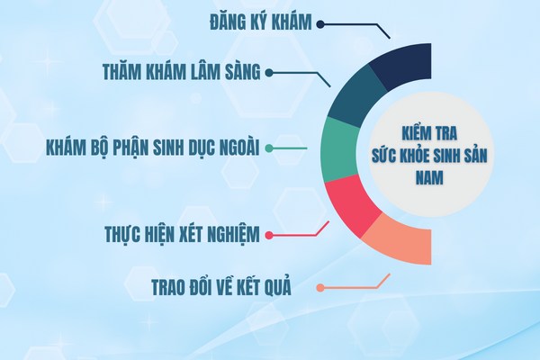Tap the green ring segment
pyautogui.click(x=340, y=150)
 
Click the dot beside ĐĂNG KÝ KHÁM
pyautogui.click(x=320, y=24)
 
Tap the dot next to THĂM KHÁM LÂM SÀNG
pyautogui.click(x=269, y=73)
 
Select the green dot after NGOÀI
pyautogui.click(x=269, y=148)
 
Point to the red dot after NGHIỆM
pyautogui.click(x=269, y=235)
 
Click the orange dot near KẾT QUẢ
pyautogui.click(x=320, y=288)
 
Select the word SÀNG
pyautogui.click(x=243, y=72)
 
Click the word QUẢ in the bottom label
pyautogui.click(x=277, y=287)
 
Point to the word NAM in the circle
pyautogui.click(x=429, y=178)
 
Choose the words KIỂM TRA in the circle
pyautogui.click(x=429, y=133)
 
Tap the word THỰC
pyautogui.click(x=122, y=235)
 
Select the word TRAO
pyautogui.click(x=169, y=287)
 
